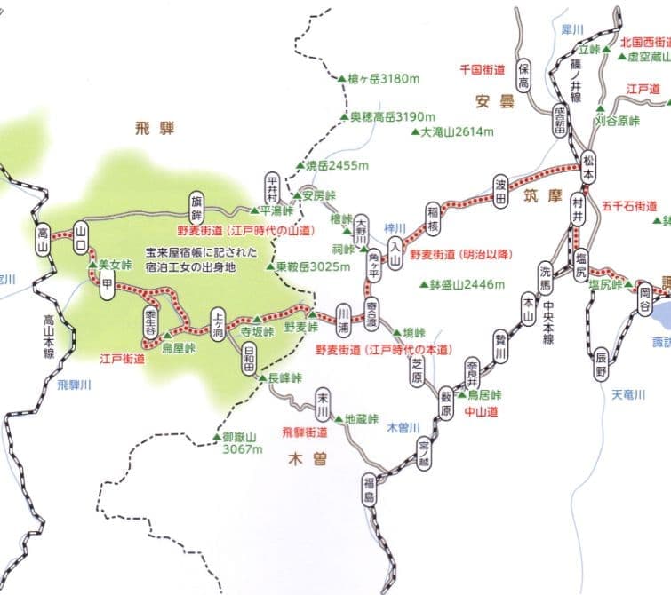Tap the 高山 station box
coord(42,234)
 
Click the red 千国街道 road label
coord(482,68)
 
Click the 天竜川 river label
coord(628,393)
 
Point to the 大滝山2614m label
coord(456,131)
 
